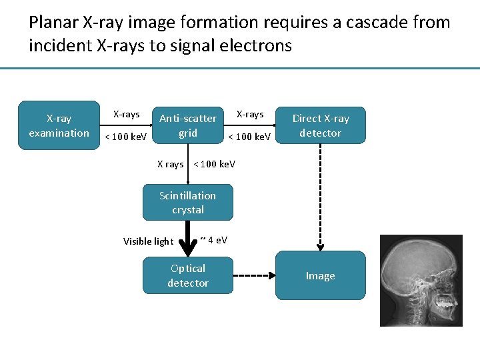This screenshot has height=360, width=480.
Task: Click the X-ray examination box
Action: point(59,125)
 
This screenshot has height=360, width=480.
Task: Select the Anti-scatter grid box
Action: point(188,125)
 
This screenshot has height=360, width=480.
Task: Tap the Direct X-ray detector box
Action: point(321,125)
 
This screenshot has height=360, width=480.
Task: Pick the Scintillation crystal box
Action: point(188,202)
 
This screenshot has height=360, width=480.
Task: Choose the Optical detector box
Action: point(188,275)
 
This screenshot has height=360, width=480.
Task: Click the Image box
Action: point(321,275)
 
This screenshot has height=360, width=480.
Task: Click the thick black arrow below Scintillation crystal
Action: point(188,237)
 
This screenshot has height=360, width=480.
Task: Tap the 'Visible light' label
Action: point(148,241)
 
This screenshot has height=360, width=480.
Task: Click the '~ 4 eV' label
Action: point(214,239)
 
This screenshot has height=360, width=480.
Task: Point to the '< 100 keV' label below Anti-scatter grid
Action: point(214,164)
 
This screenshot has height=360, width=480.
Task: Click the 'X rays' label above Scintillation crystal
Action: point(170,164)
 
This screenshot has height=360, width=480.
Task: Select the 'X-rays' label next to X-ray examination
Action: point(126,115)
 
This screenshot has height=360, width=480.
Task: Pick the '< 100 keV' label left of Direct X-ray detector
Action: point(249,137)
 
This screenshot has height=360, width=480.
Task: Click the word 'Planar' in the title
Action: point(53,23)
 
